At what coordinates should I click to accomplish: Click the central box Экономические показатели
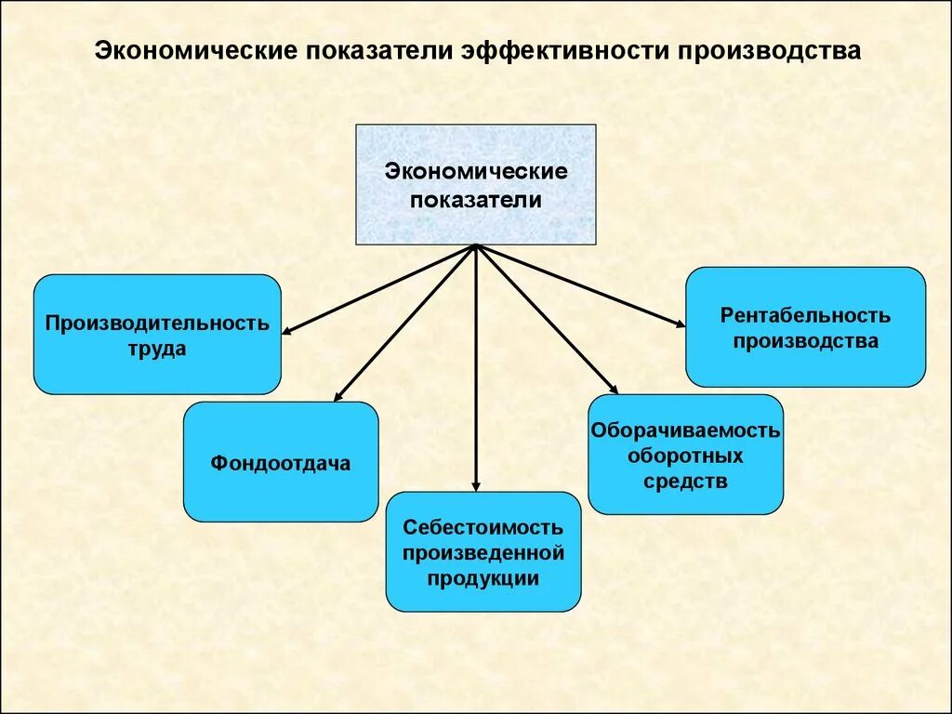(x=476, y=185)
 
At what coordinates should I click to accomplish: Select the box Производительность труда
(x=157, y=335)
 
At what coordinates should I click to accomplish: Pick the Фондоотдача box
(x=281, y=462)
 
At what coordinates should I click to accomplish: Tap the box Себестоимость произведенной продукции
(x=483, y=551)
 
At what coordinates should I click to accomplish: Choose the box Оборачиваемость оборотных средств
(x=685, y=455)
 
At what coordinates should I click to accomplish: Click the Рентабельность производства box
(x=805, y=327)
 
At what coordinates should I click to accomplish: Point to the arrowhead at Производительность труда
(x=287, y=330)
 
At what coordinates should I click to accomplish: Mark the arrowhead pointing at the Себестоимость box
(x=476, y=486)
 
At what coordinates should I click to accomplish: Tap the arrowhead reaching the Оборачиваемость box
(x=613, y=390)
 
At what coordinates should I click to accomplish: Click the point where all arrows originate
(x=476, y=246)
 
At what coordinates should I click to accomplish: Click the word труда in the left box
(x=157, y=350)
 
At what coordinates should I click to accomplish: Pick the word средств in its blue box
(x=684, y=482)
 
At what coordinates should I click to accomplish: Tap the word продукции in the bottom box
(x=483, y=578)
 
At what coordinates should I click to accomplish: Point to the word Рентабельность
(x=805, y=315)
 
